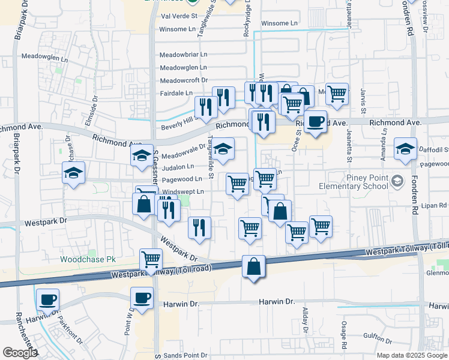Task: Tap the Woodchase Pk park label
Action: pos(83,260)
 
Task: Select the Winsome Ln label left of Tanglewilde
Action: pos(178,28)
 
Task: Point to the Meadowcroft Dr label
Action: pos(184,80)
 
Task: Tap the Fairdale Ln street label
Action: pos(176,93)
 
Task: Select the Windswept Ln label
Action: pos(184,192)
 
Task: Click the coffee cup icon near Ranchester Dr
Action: pos(47,299)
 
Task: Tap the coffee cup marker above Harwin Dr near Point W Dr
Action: pos(142,297)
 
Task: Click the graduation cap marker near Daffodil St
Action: pos(405,148)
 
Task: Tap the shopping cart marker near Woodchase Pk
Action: pos(151,260)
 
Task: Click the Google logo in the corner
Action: pos(19,353)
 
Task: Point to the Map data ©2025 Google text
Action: pos(412,355)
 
